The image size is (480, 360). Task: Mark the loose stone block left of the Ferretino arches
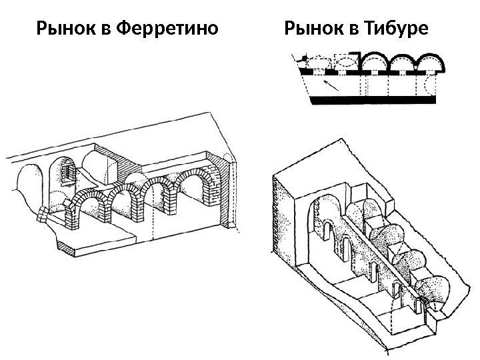pos(44,214)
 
